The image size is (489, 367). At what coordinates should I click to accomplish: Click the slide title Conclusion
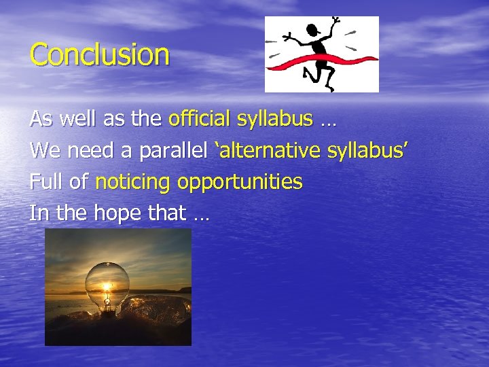click(x=99, y=54)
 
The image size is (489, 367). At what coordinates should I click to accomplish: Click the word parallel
click(x=175, y=151)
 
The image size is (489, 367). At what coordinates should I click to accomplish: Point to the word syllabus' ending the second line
click(x=367, y=151)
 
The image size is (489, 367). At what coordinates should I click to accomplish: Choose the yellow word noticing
click(x=132, y=182)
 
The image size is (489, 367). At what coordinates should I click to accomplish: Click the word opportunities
click(x=240, y=182)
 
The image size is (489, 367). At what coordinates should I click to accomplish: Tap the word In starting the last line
click(x=39, y=213)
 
